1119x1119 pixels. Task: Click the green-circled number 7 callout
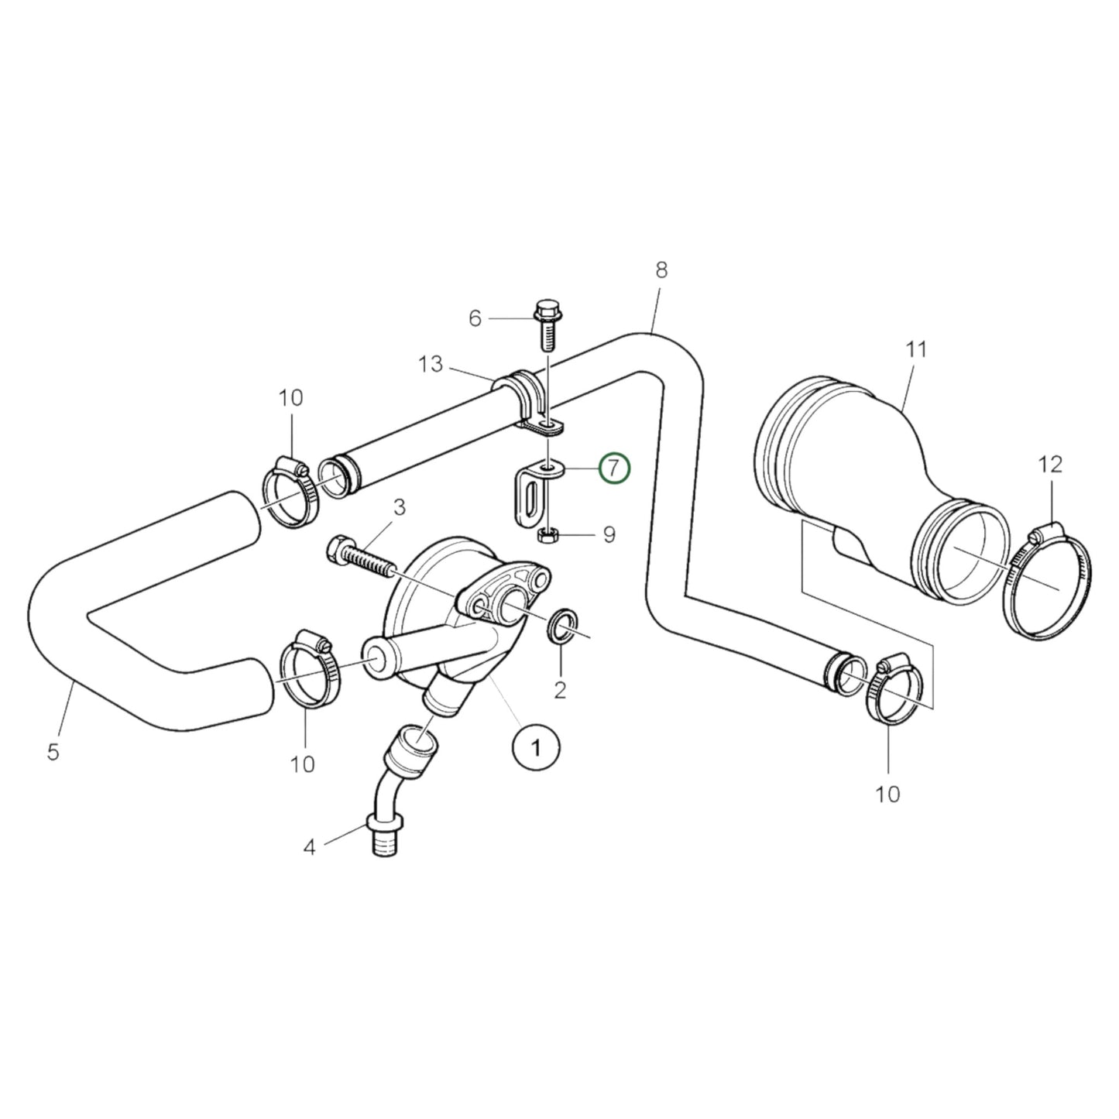tap(614, 468)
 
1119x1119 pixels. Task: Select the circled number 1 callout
tap(535, 747)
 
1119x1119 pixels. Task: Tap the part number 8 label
tap(661, 270)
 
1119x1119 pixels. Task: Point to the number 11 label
tap(916, 350)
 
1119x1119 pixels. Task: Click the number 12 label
tap(1052, 465)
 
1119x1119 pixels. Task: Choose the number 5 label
tap(53, 751)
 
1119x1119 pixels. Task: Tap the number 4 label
tap(309, 848)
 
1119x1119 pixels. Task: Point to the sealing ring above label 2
tap(563, 625)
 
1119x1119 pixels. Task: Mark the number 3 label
tap(399, 507)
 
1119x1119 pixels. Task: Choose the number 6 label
tap(475, 318)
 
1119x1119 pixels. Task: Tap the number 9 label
tap(609, 534)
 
